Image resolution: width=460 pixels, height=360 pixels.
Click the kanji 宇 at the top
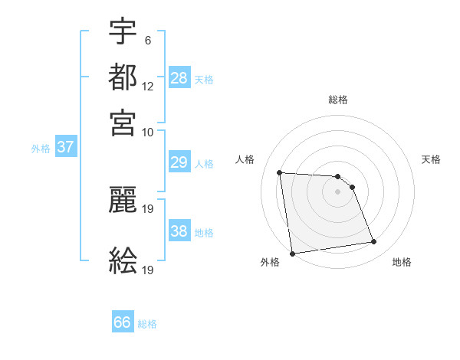(x=123, y=31)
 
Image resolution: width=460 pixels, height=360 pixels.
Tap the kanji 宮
(x=123, y=123)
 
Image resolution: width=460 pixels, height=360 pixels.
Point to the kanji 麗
(x=123, y=201)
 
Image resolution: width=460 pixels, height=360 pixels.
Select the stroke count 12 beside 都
(x=148, y=87)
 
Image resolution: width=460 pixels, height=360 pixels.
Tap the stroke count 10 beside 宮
(x=148, y=133)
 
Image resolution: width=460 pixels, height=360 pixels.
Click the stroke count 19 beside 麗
(x=148, y=209)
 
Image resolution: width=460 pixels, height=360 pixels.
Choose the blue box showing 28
(x=179, y=78)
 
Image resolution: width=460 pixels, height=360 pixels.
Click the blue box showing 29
(x=179, y=162)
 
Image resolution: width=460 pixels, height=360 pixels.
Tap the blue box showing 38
(x=179, y=231)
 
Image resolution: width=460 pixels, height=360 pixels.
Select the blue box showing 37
(x=65, y=148)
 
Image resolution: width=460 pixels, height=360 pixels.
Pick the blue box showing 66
(x=123, y=322)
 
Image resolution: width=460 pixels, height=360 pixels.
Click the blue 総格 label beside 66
(x=147, y=324)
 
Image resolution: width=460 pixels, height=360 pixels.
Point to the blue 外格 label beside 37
(x=41, y=149)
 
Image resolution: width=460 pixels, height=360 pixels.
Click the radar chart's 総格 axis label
(x=338, y=100)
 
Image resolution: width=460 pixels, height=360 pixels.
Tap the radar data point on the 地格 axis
(x=374, y=242)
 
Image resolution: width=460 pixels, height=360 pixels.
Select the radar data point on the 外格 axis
(x=292, y=254)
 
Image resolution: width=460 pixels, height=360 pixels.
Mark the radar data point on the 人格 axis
(x=280, y=172)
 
